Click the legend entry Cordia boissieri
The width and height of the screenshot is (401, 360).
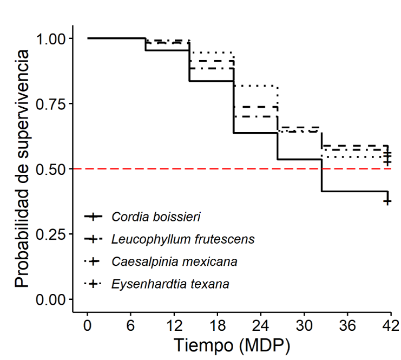coord(156,217)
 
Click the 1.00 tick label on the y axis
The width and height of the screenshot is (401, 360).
coord(51,39)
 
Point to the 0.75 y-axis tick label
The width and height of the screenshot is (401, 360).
coord(51,104)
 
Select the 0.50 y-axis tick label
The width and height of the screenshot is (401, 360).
coord(51,169)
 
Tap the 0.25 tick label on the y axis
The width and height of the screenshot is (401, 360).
coord(51,234)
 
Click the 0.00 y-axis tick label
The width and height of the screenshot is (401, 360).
coord(51,299)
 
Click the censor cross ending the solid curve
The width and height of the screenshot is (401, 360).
coord(387,200)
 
